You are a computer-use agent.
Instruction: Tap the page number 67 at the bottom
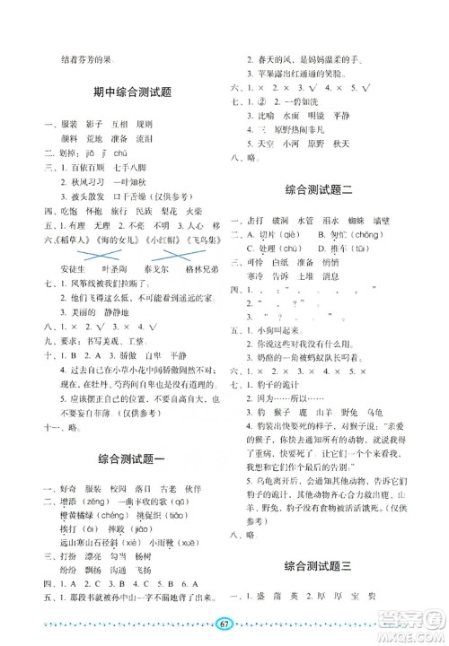click(225, 624)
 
